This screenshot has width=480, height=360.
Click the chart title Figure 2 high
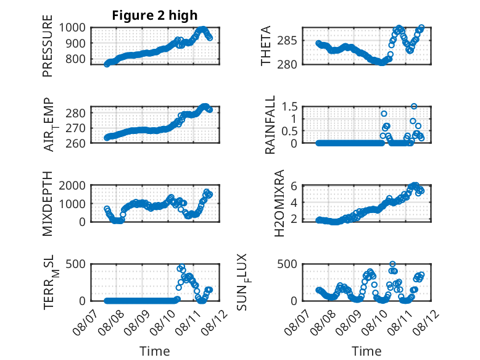[x=155, y=15]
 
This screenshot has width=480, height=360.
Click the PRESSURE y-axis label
[x=48, y=46]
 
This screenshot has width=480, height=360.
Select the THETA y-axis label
[x=266, y=46]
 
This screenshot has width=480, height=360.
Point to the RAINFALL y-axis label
[x=270, y=125]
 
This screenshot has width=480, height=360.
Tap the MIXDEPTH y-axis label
[x=48, y=204]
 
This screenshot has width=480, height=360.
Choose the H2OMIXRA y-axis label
[x=279, y=203]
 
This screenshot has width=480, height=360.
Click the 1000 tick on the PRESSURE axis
[x=72, y=28]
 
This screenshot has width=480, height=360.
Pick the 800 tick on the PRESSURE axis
[x=76, y=59]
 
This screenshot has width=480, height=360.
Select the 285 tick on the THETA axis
[x=287, y=40]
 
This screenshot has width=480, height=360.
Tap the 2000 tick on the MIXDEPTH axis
[x=72, y=185]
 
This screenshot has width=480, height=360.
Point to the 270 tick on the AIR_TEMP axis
[x=76, y=128]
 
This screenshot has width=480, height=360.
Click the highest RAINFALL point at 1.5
[x=414, y=106]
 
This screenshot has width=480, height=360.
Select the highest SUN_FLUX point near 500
[x=392, y=264]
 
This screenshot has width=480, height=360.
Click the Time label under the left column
[x=155, y=351]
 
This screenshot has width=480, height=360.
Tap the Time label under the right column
[x=366, y=351]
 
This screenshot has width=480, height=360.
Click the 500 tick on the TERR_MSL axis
[x=76, y=264]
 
